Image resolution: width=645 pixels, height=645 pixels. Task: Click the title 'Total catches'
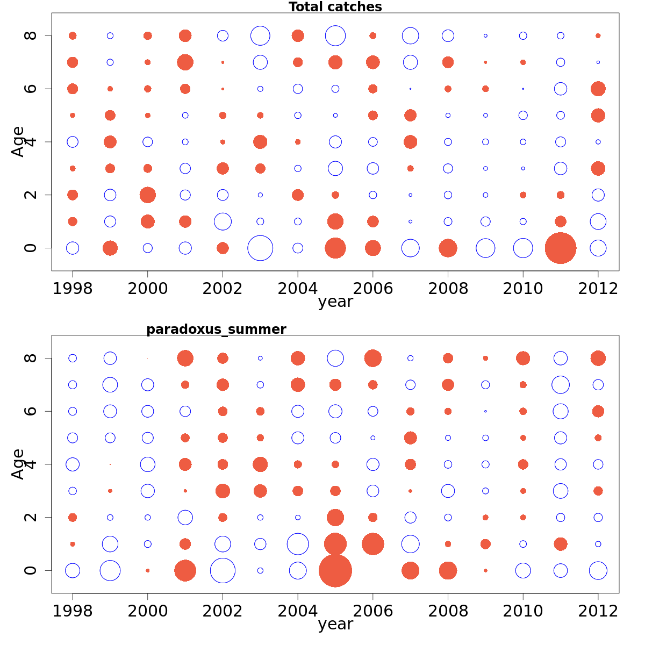point(335,7)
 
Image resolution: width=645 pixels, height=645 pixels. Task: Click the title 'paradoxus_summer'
point(216,329)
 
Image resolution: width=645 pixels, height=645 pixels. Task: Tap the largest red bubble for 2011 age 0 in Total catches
point(561,248)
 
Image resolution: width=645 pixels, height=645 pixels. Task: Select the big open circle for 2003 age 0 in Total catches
point(260,248)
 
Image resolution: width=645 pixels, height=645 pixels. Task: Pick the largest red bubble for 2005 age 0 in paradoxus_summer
point(335,570)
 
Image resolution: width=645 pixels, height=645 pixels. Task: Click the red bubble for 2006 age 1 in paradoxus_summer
point(373,544)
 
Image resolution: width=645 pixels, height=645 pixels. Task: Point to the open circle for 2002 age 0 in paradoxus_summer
point(223,570)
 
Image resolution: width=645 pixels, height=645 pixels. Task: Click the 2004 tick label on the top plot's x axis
point(297,289)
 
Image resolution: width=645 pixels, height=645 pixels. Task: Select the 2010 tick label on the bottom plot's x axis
point(522,611)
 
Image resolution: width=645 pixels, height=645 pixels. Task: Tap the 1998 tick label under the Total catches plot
point(73,289)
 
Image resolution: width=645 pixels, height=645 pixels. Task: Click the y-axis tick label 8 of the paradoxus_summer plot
point(31,358)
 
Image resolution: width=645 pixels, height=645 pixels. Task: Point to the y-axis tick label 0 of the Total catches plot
point(31,248)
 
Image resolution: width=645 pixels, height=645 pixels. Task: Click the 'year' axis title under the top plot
point(335,302)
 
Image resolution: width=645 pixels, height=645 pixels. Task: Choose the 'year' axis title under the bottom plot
point(335,624)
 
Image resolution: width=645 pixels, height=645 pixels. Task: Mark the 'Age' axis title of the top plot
point(18,141)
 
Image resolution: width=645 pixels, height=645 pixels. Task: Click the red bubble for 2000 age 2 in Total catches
point(148,195)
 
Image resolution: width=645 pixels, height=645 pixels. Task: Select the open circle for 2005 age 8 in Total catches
point(335,36)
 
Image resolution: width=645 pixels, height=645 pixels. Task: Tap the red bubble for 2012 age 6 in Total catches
point(598,89)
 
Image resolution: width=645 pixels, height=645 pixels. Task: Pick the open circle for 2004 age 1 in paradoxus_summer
point(298,544)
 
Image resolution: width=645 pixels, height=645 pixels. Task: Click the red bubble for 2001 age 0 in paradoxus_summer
point(185,570)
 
